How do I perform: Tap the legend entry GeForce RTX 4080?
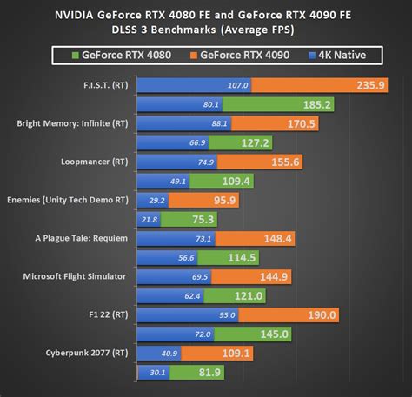click(x=128, y=56)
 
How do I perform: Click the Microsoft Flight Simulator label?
click(x=74, y=276)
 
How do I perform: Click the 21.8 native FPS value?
click(x=149, y=219)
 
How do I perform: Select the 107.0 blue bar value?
click(x=237, y=85)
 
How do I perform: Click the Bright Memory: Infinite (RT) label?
click(x=71, y=123)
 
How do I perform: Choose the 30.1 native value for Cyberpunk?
click(x=157, y=372)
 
